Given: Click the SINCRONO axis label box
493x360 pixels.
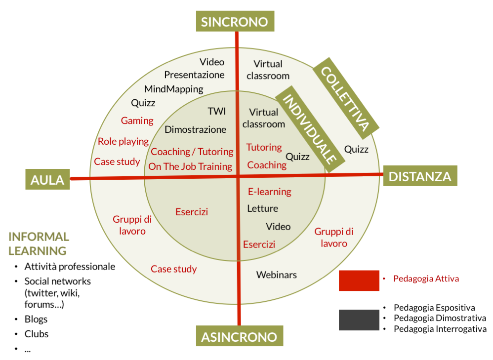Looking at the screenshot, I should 234,22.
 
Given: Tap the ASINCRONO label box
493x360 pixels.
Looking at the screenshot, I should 239,337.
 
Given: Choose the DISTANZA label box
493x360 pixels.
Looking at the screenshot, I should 420,176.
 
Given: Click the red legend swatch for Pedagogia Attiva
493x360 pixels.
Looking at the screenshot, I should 359,280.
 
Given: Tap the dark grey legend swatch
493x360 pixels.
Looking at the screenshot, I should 359,320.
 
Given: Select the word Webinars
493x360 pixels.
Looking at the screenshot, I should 276,275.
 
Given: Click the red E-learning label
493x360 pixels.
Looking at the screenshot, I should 269,192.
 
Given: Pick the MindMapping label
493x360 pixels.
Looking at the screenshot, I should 173,89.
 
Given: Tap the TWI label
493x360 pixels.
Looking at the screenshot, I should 216,111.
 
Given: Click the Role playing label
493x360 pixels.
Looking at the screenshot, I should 123,142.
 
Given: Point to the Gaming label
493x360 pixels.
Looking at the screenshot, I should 137,121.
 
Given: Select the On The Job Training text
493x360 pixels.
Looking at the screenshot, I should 190,167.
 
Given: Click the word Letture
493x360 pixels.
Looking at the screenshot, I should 262,209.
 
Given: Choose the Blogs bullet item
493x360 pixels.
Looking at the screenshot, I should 37,319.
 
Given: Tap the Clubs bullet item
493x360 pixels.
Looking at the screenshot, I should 37,334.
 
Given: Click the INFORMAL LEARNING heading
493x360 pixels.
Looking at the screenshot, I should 39,244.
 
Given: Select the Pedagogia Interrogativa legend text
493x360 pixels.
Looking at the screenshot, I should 440,329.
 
